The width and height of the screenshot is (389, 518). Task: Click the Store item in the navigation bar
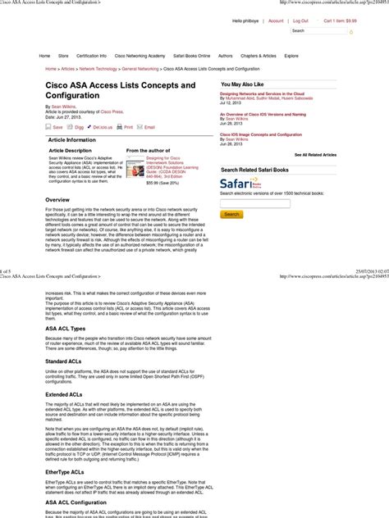(x=63, y=56)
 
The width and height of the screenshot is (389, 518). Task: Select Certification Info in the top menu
(x=91, y=56)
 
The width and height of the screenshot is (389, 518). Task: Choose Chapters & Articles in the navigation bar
(x=258, y=56)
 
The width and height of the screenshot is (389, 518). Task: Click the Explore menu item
(x=291, y=56)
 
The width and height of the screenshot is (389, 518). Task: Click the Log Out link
(x=300, y=20)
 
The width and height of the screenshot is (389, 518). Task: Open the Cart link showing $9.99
(x=340, y=20)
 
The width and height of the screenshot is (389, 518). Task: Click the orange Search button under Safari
(x=232, y=214)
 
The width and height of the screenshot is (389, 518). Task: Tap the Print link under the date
(x=128, y=127)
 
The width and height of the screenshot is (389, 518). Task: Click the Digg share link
(x=79, y=127)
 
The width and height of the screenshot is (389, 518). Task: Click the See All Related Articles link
(x=315, y=154)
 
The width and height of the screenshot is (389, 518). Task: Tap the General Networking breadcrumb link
(x=140, y=70)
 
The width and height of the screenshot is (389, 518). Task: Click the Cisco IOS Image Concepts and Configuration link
(x=261, y=134)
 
